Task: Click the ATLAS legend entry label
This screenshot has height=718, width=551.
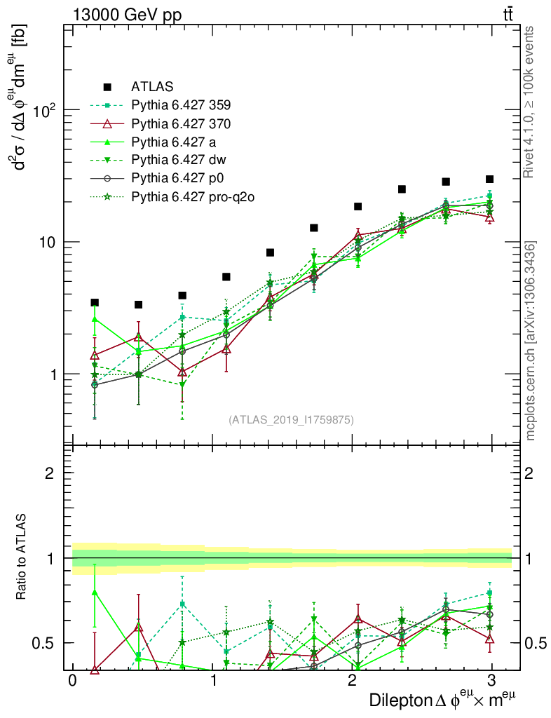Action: (151, 87)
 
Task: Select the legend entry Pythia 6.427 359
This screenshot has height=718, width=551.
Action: (181, 105)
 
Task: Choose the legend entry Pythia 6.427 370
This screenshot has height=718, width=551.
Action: (181, 123)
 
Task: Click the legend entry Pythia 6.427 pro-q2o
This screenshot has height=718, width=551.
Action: (192, 197)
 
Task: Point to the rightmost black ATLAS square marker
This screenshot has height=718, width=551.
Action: (489, 179)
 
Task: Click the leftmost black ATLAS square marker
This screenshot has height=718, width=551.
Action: (95, 303)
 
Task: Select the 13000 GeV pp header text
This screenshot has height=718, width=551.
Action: (126, 13)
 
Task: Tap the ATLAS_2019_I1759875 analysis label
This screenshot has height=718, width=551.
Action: (291, 420)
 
